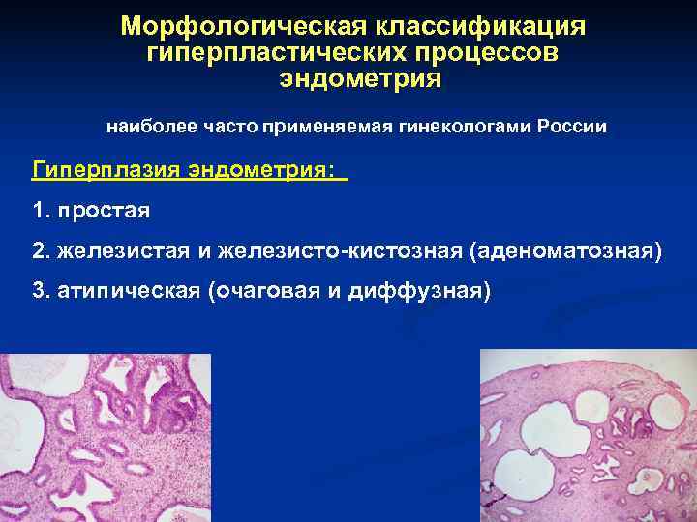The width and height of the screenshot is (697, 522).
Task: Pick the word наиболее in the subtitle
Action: (146, 127)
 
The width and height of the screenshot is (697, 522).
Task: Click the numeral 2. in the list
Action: (40, 251)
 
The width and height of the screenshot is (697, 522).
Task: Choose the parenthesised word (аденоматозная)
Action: (566, 251)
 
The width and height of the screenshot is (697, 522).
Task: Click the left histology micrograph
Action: (105, 437)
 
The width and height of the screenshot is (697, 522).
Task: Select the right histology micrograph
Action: (589, 435)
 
